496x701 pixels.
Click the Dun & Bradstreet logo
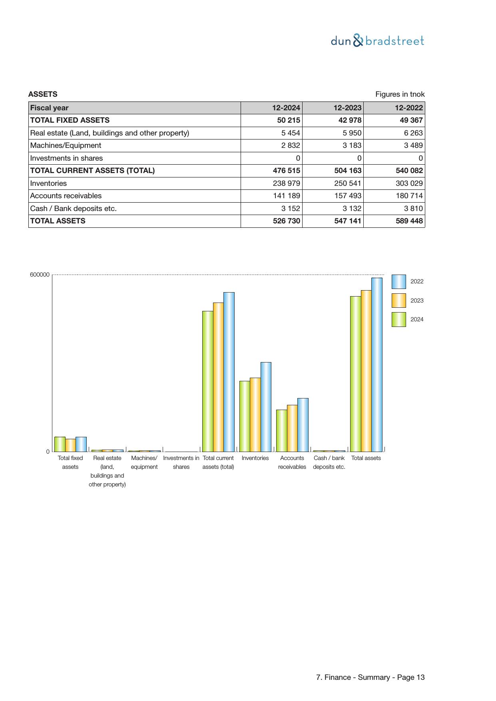point(377,41)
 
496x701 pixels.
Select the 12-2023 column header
point(347,108)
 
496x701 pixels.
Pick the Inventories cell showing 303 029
point(409,183)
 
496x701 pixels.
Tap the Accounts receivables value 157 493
point(348,196)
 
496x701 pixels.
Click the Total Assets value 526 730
point(286,221)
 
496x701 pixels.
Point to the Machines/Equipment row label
point(66,145)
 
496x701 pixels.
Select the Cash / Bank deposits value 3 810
point(413,209)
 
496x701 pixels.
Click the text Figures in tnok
point(400,94)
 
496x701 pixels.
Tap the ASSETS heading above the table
point(43,94)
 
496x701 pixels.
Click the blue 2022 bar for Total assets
point(376,364)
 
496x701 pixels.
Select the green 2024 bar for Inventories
point(245,416)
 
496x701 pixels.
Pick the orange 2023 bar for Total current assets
point(218,377)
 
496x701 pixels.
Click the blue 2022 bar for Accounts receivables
point(303,424)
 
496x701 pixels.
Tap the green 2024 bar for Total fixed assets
point(60,444)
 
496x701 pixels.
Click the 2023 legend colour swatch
point(398,301)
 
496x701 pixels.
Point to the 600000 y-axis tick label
point(40,275)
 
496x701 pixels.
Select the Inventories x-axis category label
point(255,458)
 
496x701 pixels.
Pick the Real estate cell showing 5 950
point(352,133)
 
